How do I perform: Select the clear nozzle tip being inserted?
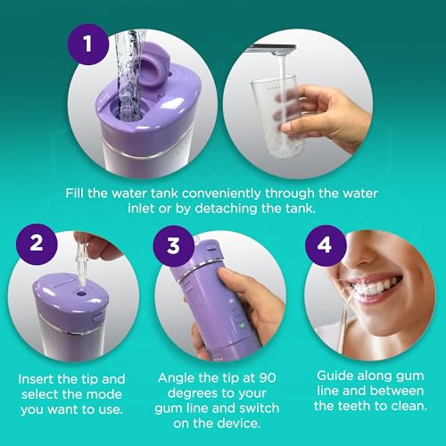click(87, 253)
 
